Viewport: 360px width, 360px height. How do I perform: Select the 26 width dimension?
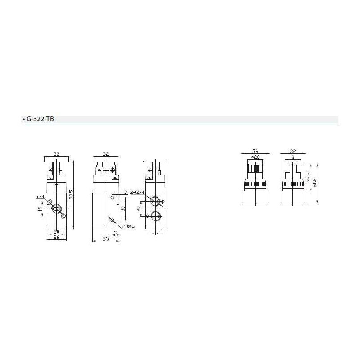(x=56, y=238)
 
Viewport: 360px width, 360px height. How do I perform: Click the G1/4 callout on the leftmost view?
(x=40, y=197)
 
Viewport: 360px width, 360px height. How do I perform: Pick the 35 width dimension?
(x=106, y=239)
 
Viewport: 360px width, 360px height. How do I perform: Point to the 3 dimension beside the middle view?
(x=126, y=193)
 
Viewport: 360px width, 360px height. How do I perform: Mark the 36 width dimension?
(x=255, y=152)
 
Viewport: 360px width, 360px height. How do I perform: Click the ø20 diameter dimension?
(x=255, y=157)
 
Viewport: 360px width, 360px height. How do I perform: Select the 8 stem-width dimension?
(x=293, y=157)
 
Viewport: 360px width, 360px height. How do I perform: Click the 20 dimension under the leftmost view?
(x=56, y=231)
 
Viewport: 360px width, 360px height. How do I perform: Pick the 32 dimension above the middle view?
(x=106, y=153)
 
